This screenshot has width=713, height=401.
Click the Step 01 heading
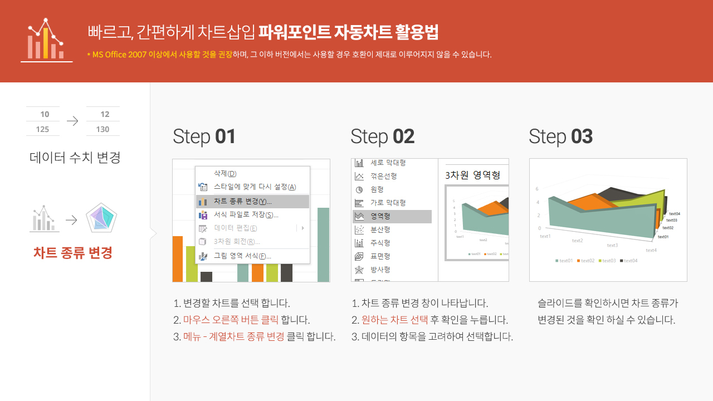[204, 136]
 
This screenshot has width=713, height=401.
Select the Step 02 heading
[382, 136]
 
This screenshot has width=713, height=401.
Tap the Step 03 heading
[560, 136]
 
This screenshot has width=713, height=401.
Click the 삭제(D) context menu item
[225, 174]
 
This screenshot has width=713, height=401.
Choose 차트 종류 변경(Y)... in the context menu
[242, 201]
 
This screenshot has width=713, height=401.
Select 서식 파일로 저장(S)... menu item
[246, 214]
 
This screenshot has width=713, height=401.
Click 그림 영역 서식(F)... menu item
[242, 256]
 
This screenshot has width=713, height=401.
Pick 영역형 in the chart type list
[380, 216]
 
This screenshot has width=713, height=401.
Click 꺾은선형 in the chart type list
[383, 176]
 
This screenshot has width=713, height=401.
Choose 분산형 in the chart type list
[380, 229]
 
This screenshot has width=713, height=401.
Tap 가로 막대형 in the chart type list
[388, 203]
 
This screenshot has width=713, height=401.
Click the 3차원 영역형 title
[472, 175]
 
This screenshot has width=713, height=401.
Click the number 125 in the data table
[42, 129]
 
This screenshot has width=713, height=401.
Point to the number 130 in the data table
[102, 129]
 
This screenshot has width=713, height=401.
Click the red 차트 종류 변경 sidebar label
[73, 253]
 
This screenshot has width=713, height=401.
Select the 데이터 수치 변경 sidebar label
[75, 158]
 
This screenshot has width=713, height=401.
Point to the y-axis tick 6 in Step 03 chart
[538, 189]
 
